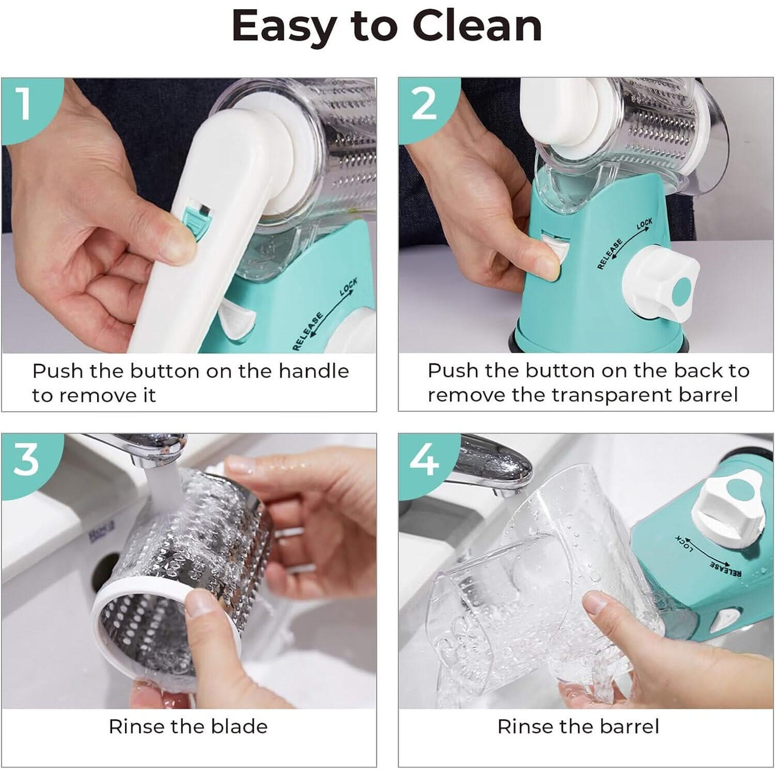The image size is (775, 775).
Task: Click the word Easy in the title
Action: [283, 28]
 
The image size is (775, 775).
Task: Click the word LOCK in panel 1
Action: [348, 287]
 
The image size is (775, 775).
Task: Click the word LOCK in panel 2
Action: [644, 224]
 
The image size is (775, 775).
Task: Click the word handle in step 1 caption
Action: [314, 371]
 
